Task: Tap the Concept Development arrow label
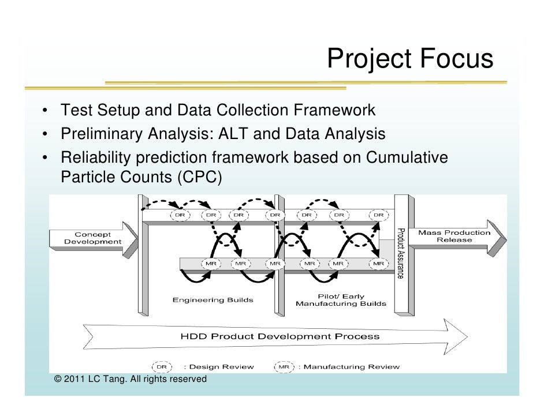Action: (92, 237)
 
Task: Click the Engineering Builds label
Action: (213, 300)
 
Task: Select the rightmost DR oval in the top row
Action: (378, 215)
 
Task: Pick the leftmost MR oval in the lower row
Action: (210, 264)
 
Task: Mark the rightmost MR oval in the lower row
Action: (378, 264)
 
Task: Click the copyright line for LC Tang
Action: (129, 379)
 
